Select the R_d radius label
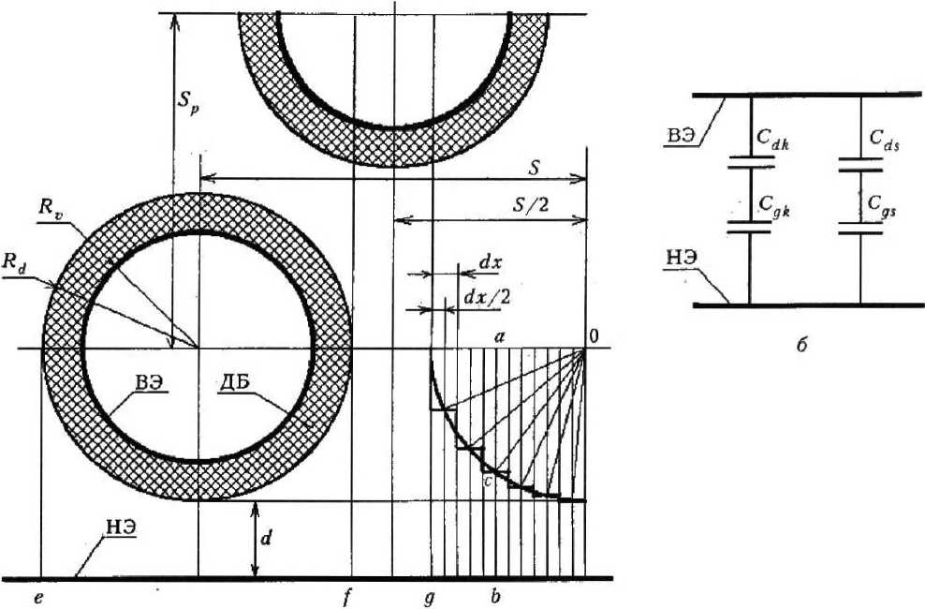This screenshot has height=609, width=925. pos(14,265)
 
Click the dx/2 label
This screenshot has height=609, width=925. pos(488,297)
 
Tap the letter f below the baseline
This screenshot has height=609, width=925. pos(346,597)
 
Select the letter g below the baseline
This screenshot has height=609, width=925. pos(430,599)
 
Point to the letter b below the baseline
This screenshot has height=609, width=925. pos(495,596)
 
